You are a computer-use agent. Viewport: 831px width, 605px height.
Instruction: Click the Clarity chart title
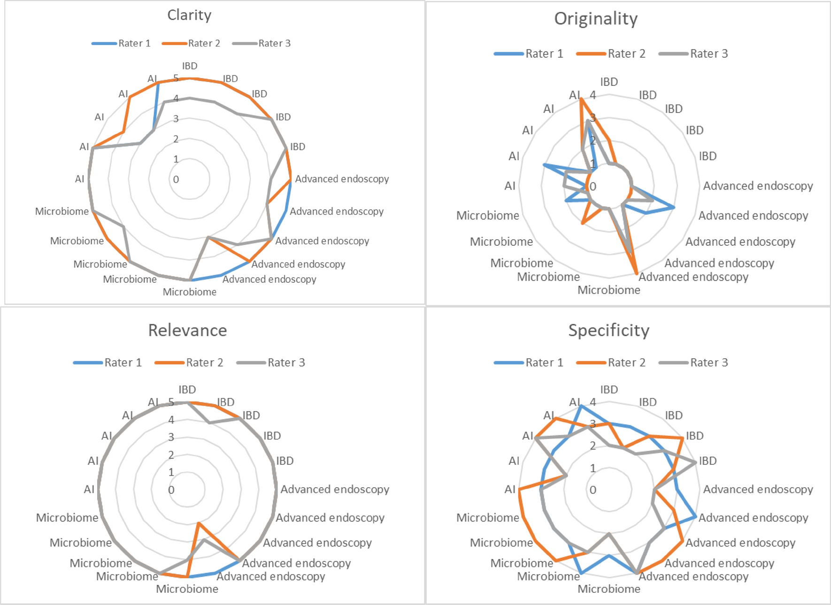click(x=189, y=15)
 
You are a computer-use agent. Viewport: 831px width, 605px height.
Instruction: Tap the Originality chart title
click(x=596, y=19)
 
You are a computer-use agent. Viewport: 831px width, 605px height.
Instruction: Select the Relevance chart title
click(x=187, y=330)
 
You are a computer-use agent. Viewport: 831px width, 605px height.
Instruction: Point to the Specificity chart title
click(x=608, y=330)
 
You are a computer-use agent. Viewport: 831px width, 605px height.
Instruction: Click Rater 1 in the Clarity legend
click(x=134, y=43)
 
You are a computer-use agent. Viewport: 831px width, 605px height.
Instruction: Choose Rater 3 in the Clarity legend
click(x=274, y=43)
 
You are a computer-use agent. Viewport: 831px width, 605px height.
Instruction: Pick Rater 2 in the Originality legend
click(x=626, y=53)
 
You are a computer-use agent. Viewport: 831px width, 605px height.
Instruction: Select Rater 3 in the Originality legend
click(x=709, y=53)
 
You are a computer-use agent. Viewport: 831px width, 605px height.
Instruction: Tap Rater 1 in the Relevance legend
click(x=123, y=363)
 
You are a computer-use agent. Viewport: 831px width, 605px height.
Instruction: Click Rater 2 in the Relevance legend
click(x=204, y=363)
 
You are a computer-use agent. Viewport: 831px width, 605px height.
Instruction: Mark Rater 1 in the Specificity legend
click(x=544, y=363)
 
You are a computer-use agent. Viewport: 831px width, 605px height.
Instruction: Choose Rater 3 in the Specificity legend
click(x=709, y=363)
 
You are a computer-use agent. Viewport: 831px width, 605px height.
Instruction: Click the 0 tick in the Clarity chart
click(x=176, y=179)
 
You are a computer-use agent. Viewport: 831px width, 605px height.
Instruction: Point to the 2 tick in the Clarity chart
click(x=176, y=139)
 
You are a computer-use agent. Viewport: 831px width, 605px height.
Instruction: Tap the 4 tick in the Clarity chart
click(x=176, y=98)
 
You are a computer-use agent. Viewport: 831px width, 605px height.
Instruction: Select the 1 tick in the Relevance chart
click(x=171, y=472)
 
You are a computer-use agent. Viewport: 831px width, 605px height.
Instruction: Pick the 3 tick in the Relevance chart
click(x=171, y=437)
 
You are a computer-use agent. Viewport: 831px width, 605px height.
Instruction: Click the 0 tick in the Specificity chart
click(x=593, y=490)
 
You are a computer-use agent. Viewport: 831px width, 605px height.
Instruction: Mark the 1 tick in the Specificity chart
click(x=593, y=468)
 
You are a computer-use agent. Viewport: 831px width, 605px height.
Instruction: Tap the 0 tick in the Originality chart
click(x=593, y=187)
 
